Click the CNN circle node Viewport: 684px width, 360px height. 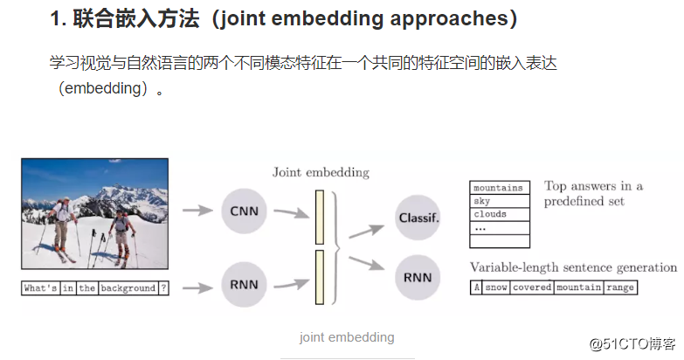(245, 210)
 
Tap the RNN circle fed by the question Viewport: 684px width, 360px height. (245, 285)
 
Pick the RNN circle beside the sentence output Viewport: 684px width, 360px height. (417, 277)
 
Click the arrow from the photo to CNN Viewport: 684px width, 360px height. (199, 210)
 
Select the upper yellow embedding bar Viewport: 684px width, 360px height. (319, 217)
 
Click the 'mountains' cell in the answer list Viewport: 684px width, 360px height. (499, 188)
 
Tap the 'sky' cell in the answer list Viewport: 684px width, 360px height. (499, 201)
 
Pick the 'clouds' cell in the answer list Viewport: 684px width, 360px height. (499, 214)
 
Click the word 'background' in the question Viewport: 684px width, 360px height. (128, 287)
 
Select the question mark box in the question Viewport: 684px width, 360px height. (162, 287)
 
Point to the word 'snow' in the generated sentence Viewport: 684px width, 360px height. (496, 287)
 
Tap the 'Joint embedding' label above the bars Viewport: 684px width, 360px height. (321, 172)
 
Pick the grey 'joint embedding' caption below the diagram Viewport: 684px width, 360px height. (346, 337)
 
